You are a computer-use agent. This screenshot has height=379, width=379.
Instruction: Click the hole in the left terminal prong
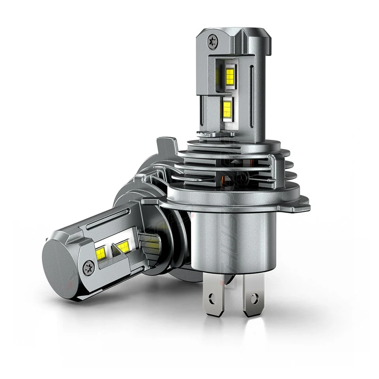click(214, 295)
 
